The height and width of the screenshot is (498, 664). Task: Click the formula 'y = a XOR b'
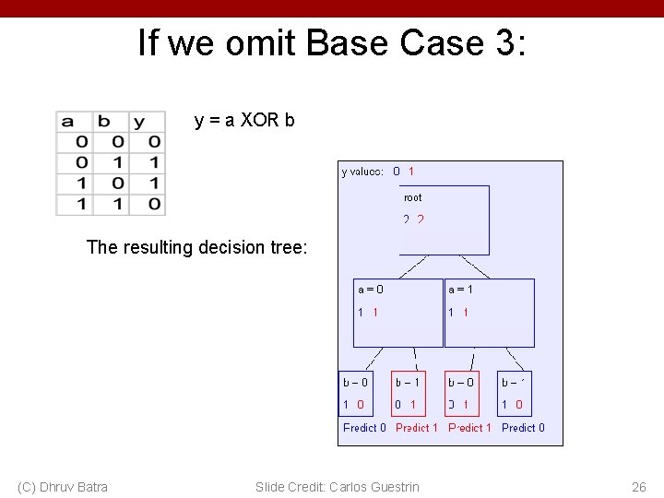tap(244, 120)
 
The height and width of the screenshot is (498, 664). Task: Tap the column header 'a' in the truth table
tap(68, 122)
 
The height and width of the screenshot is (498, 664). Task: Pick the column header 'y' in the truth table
tap(138, 122)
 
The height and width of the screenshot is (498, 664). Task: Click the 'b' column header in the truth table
tap(104, 122)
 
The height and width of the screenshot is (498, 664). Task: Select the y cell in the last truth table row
tap(153, 204)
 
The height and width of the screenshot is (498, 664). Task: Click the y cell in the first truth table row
tap(153, 142)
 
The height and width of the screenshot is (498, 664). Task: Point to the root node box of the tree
tap(445, 219)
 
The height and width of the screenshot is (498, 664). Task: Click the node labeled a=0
tap(398, 313)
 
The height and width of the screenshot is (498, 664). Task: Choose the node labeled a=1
tap(489, 313)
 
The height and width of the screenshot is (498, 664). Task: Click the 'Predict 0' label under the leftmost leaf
tap(364, 428)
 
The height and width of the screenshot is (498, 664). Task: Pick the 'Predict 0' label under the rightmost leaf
tap(523, 428)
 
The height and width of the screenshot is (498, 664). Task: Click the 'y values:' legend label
tap(362, 172)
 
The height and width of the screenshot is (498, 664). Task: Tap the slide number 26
tap(638, 487)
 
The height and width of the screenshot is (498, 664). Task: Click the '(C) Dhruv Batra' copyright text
tap(63, 487)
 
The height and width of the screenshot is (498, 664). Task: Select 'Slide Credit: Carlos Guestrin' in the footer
tap(337, 487)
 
